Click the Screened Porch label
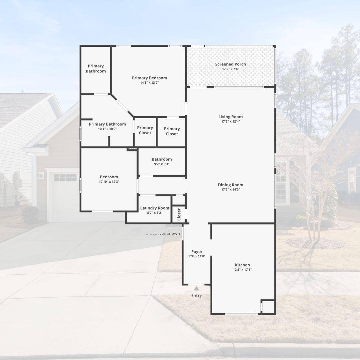(x=230, y=64)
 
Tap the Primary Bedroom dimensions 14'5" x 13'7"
(x=149, y=83)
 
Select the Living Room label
(x=230, y=117)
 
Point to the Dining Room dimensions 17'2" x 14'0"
(x=230, y=190)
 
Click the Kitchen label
(x=242, y=265)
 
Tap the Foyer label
(x=197, y=252)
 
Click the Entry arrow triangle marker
(x=197, y=288)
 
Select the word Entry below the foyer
(x=196, y=296)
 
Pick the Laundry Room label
(x=155, y=208)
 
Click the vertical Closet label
(x=179, y=214)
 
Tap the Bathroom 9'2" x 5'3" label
(x=162, y=159)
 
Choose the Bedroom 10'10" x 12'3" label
(x=109, y=177)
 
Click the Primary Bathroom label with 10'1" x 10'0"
(x=107, y=124)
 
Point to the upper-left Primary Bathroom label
(x=96, y=68)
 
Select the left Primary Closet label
(x=145, y=130)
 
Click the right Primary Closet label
(x=172, y=131)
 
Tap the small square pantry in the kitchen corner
(x=268, y=307)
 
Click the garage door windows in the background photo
(x=65, y=178)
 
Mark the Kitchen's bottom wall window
(x=241, y=314)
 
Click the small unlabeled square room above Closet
(x=179, y=200)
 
